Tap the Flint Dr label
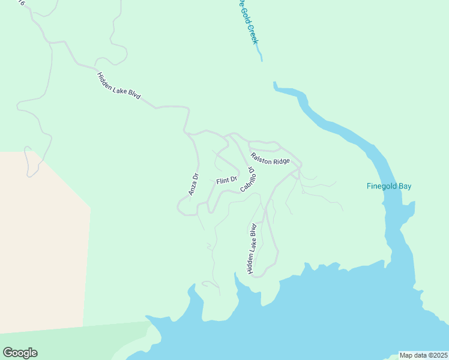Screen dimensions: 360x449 tap(227, 180)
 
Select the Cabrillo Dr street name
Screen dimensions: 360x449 tap(250, 179)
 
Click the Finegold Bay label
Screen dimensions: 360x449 tap(389, 186)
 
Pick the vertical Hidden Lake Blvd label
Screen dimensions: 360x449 tap(253, 249)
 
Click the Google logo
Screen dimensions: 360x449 tap(20, 353)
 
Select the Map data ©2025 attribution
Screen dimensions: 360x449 tap(424, 355)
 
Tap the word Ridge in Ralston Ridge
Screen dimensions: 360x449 tap(280, 161)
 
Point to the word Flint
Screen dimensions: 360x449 tap(223, 181)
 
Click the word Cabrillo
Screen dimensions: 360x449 tap(248, 182)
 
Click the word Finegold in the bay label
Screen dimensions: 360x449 tap(382, 186)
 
